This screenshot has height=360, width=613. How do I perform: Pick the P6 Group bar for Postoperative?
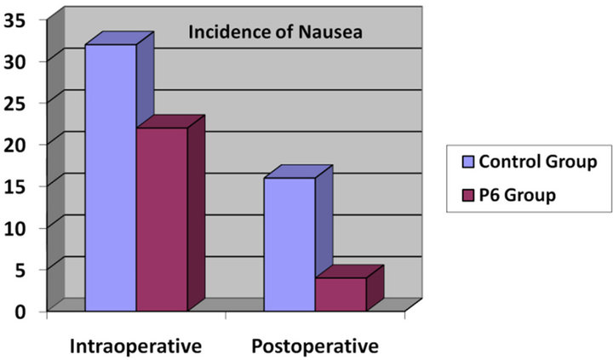pos(340,294)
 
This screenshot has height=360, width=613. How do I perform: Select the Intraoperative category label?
pos(136,346)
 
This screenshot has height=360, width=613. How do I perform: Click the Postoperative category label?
pos(314,346)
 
